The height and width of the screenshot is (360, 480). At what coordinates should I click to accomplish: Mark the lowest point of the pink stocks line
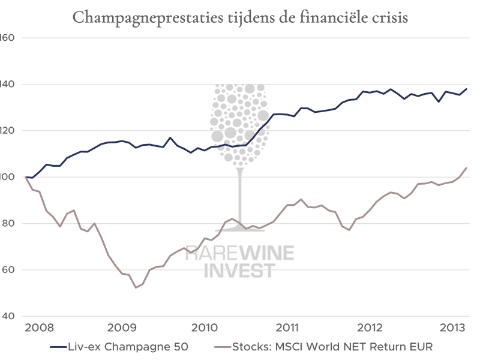pos(136,287)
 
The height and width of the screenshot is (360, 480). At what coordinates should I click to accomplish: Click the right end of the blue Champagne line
pos(467,88)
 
